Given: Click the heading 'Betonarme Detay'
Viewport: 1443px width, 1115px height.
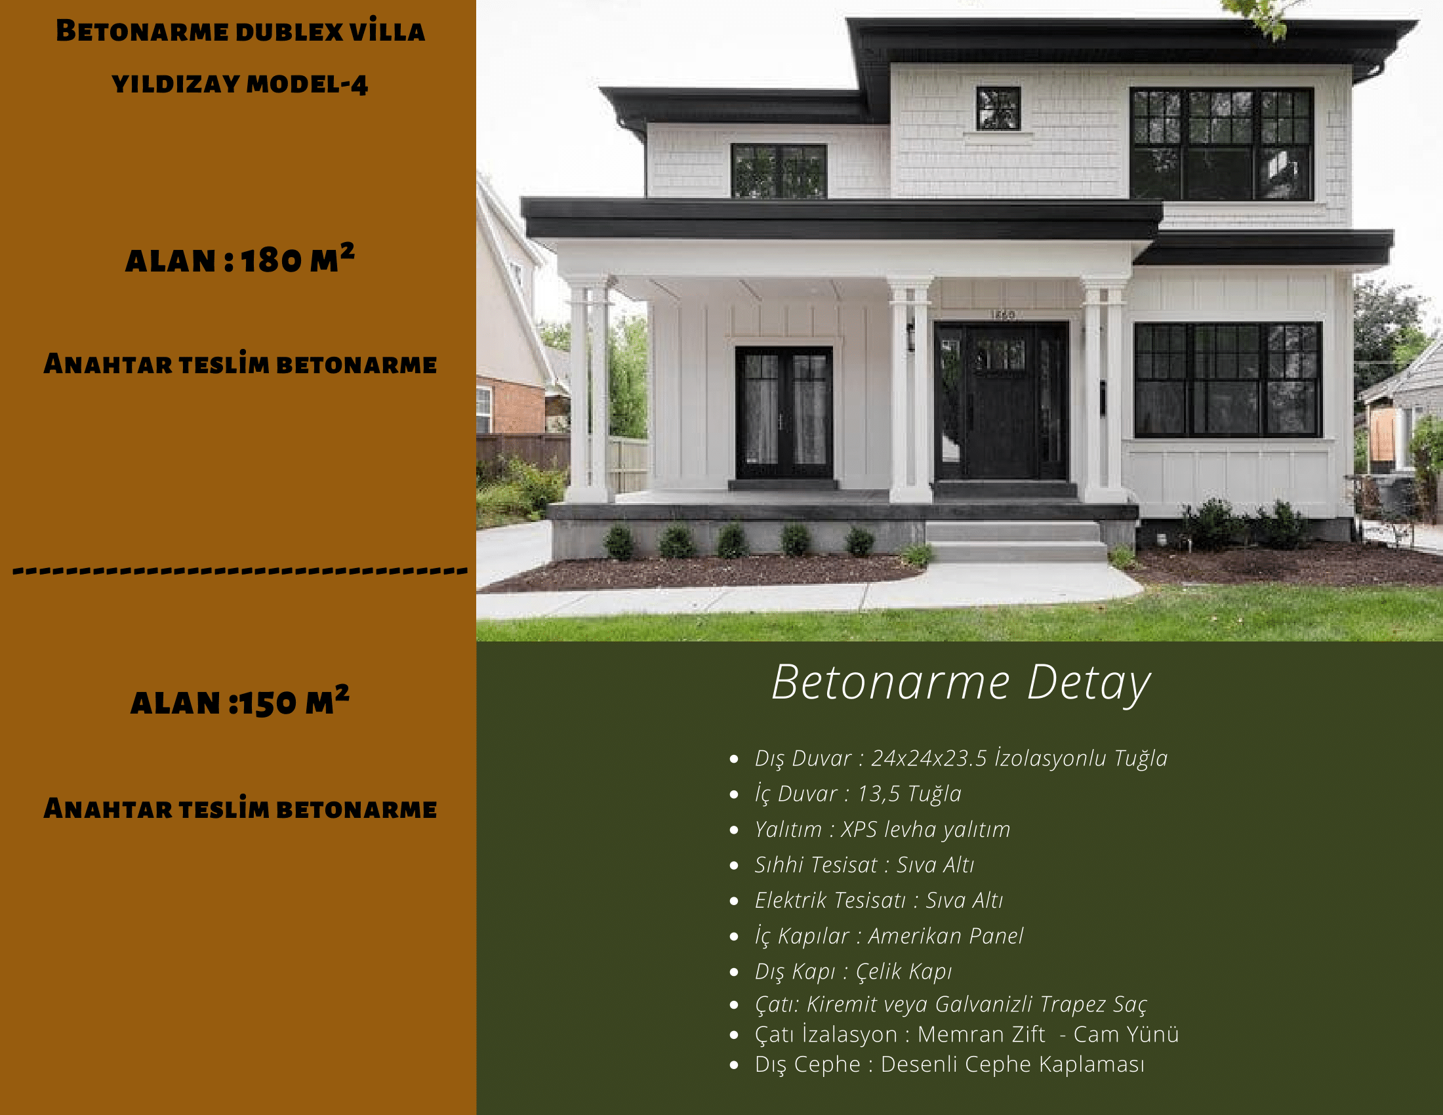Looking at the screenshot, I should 961,683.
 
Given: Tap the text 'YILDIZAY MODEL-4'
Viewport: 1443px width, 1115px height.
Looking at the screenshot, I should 240,85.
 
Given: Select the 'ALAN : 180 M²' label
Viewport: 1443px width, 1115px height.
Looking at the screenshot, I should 240,259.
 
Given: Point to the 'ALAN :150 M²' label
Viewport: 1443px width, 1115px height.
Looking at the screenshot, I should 240,701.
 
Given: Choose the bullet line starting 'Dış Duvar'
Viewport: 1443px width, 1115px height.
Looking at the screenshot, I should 961,758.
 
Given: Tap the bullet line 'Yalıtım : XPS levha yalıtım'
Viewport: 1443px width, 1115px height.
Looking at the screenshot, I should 882,829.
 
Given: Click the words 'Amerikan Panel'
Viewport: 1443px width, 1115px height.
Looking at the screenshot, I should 945,936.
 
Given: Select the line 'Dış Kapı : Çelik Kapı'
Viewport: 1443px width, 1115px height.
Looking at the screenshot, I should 853,971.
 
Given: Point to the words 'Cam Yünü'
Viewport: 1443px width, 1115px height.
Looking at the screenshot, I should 1126,1034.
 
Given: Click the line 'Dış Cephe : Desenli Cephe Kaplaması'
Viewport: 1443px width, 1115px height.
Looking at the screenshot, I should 949,1064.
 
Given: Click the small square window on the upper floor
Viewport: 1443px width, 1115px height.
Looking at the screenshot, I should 998,108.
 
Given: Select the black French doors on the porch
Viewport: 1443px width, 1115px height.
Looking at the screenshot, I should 784,413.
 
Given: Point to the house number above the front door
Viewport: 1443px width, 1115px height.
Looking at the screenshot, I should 1003,315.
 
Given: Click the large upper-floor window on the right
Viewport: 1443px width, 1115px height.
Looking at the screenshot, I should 1221,144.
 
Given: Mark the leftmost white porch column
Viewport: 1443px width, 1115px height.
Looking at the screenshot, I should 588,390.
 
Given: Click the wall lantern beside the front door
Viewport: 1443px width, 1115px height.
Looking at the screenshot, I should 910,337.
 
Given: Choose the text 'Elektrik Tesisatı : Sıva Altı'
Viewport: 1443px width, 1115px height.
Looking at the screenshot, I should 879,901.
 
